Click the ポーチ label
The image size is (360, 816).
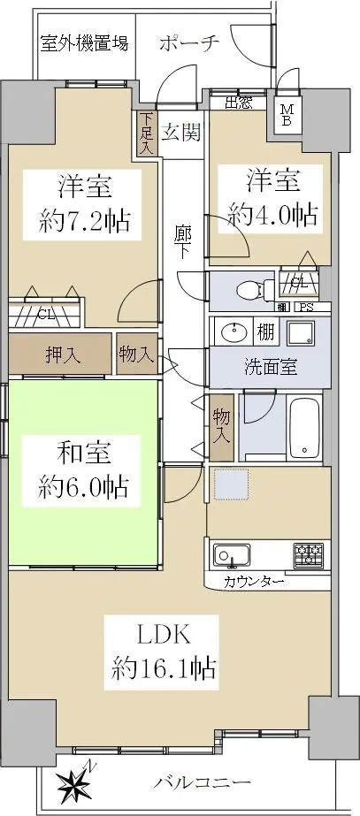click(x=189, y=43)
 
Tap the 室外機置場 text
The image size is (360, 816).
click(x=84, y=43)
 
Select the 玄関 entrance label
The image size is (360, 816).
click(x=180, y=133)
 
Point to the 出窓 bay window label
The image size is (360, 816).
click(x=239, y=103)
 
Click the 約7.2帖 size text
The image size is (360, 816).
click(x=84, y=222)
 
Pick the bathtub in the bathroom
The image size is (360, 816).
click(x=305, y=428)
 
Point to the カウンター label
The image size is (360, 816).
click(x=254, y=582)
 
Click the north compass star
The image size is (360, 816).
click(x=74, y=784)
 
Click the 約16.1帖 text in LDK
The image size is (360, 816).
click(x=164, y=667)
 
